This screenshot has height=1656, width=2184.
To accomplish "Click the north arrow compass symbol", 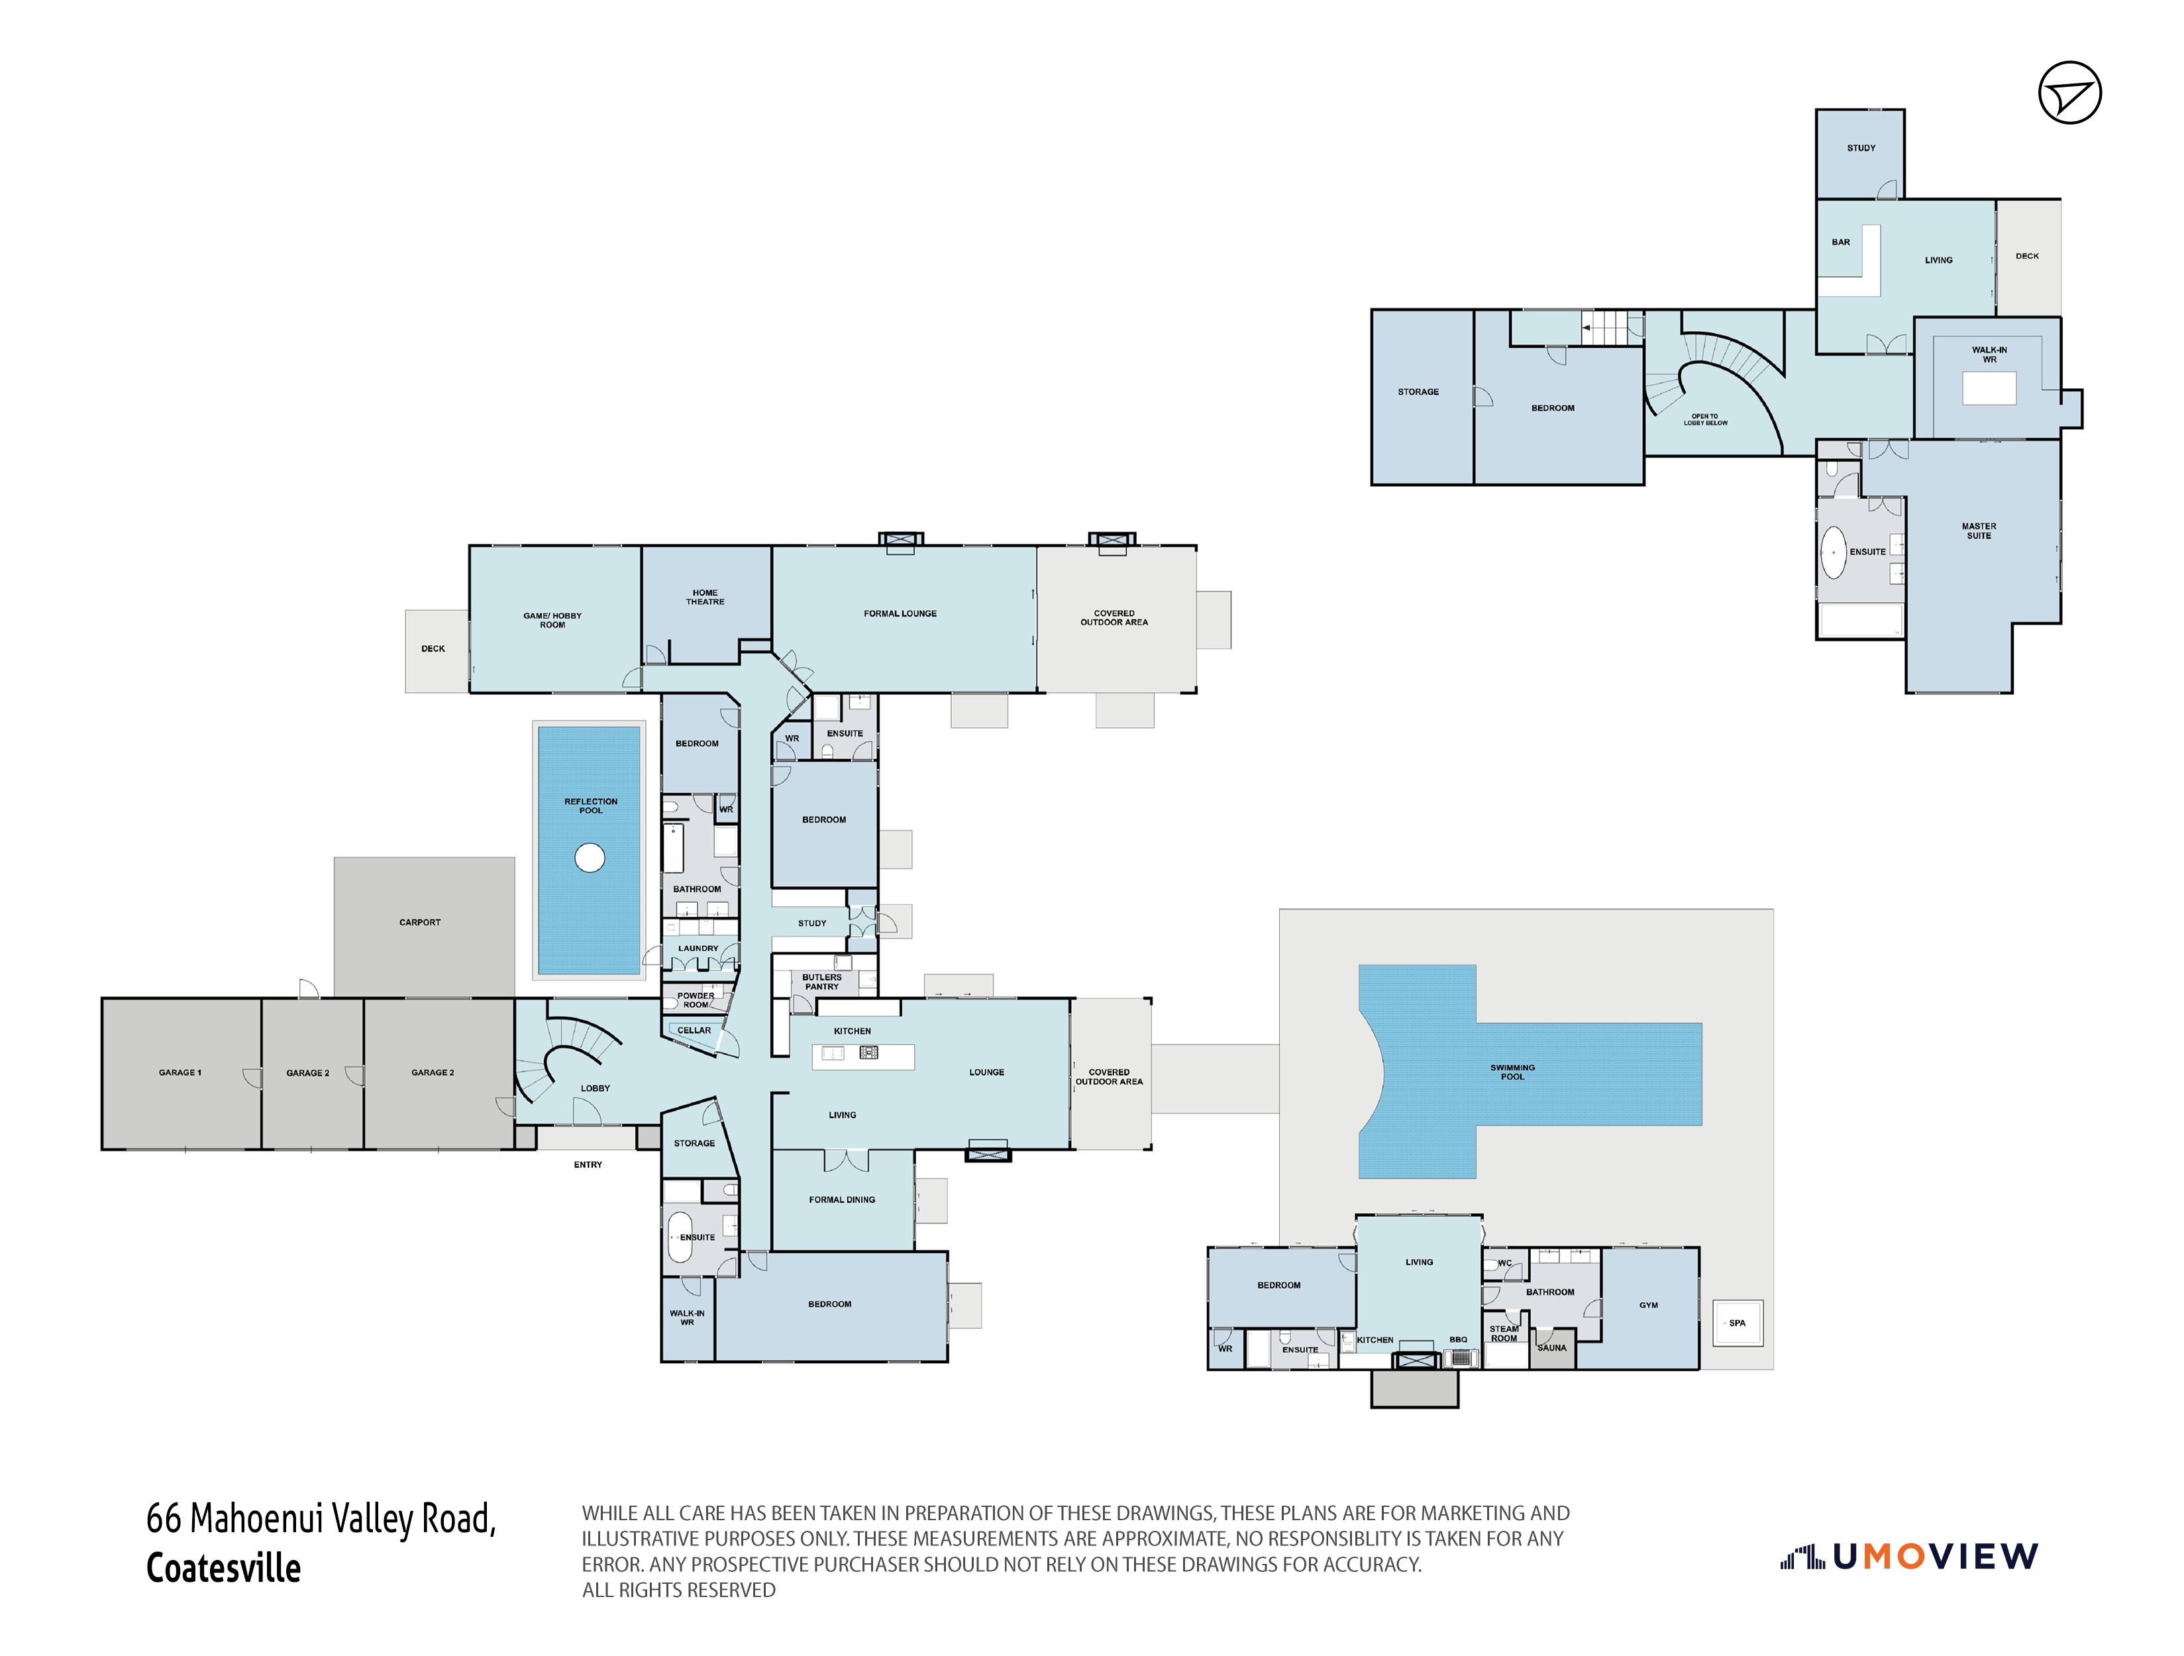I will pyautogui.click(x=2069, y=92).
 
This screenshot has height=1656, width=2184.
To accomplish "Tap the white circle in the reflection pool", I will pyautogui.click(x=590, y=857).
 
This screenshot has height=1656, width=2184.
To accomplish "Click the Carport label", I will pyautogui.click(x=419, y=922).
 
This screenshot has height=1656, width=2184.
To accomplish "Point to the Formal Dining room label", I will pyautogui.click(x=841, y=1200).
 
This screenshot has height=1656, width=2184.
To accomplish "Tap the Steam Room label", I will pyautogui.click(x=1504, y=1334).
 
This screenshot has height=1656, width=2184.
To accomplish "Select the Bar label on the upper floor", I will pyautogui.click(x=1840, y=242).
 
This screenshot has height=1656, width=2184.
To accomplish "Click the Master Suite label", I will pyautogui.click(x=1979, y=531).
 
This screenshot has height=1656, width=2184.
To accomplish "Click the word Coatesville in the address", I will pyautogui.click(x=223, y=1568).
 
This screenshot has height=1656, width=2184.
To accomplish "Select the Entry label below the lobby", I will pyautogui.click(x=588, y=1165).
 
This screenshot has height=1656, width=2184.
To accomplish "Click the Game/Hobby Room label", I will pyautogui.click(x=552, y=620).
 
